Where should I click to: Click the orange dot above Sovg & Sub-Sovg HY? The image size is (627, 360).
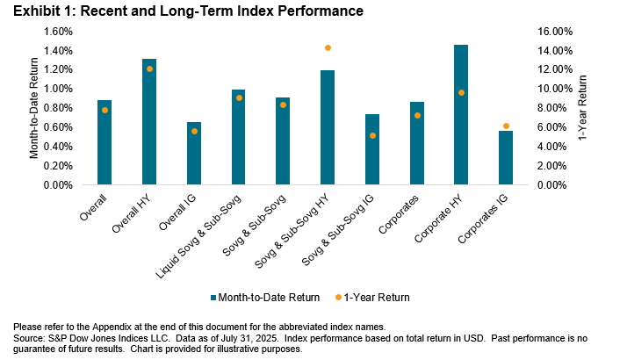pyautogui.click(x=328, y=47)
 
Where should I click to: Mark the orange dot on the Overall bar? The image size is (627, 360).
pyautogui.click(x=104, y=110)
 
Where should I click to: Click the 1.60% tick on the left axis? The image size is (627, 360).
pyautogui.click(x=58, y=31)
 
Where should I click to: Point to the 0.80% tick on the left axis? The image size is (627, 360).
pyautogui.click(x=58, y=108)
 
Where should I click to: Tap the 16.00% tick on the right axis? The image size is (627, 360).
pyautogui.click(x=554, y=31)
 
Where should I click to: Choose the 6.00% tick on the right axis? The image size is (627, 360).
pyautogui.click(x=552, y=127)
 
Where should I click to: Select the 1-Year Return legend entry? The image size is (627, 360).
pyautogui.click(x=371, y=297)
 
